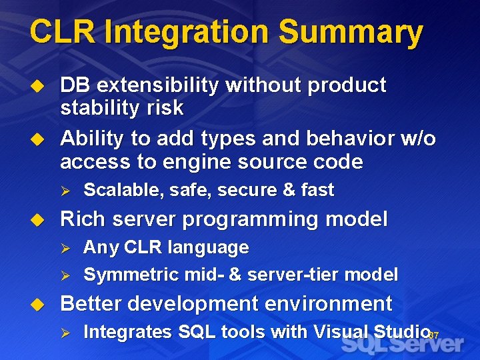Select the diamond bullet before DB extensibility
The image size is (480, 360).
(39, 86)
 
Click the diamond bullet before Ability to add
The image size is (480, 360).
(39, 139)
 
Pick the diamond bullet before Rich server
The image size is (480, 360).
(39, 219)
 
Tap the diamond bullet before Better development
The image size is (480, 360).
(39, 304)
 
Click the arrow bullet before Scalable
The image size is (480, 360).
(65, 191)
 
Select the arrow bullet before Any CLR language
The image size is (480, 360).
(65, 248)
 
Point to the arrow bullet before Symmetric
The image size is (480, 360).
(65, 275)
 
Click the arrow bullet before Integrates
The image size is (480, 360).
(65, 332)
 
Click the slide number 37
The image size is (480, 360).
(433, 335)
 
